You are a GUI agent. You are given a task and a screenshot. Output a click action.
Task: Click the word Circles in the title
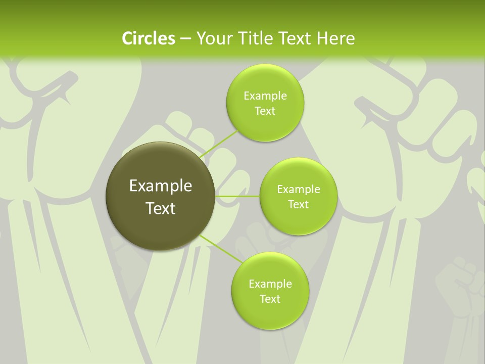click(x=148, y=38)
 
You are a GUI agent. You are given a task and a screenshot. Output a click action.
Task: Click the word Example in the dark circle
click(x=161, y=186)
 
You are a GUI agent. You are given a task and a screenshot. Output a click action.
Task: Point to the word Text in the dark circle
click(x=161, y=208)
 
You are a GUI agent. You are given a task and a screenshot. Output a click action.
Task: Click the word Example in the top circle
click(x=265, y=96)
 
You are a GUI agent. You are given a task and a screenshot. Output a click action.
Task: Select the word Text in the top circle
click(x=265, y=111)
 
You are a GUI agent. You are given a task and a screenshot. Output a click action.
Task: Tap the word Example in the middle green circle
click(x=298, y=190)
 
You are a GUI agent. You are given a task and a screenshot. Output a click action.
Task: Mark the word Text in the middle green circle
click(x=298, y=205)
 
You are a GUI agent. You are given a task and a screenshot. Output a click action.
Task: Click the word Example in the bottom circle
click(x=270, y=284)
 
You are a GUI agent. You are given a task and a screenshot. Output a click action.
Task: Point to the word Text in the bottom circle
click(x=270, y=299)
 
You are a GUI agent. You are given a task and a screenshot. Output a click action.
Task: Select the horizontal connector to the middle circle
click(x=237, y=196)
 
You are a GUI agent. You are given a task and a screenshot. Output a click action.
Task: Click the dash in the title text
click(x=185, y=38)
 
